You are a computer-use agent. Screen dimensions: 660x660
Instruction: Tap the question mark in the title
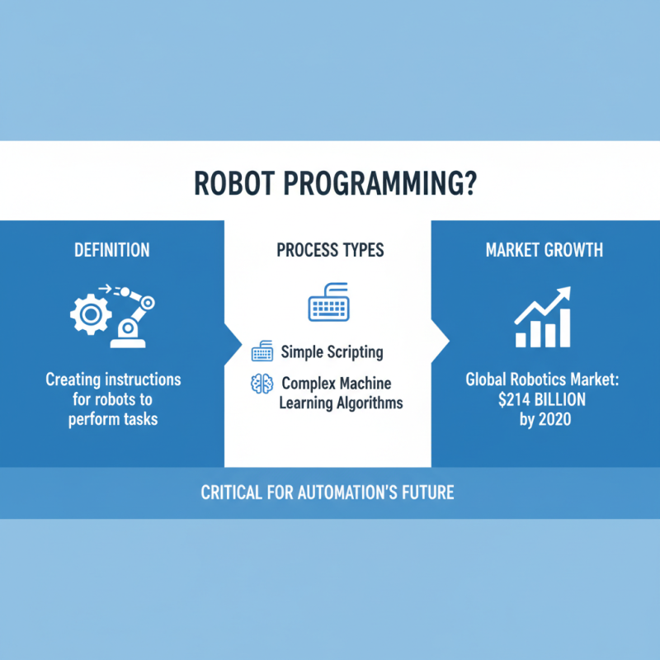click(469, 183)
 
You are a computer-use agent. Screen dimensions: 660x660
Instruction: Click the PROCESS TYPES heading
click(329, 249)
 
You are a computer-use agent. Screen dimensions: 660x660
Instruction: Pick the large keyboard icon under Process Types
click(330, 305)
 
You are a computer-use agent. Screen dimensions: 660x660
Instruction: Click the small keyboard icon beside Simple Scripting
click(262, 353)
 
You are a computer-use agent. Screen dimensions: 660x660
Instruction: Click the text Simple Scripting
click(332, 352)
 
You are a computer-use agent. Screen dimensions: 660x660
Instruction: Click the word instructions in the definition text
click(138, 380)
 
